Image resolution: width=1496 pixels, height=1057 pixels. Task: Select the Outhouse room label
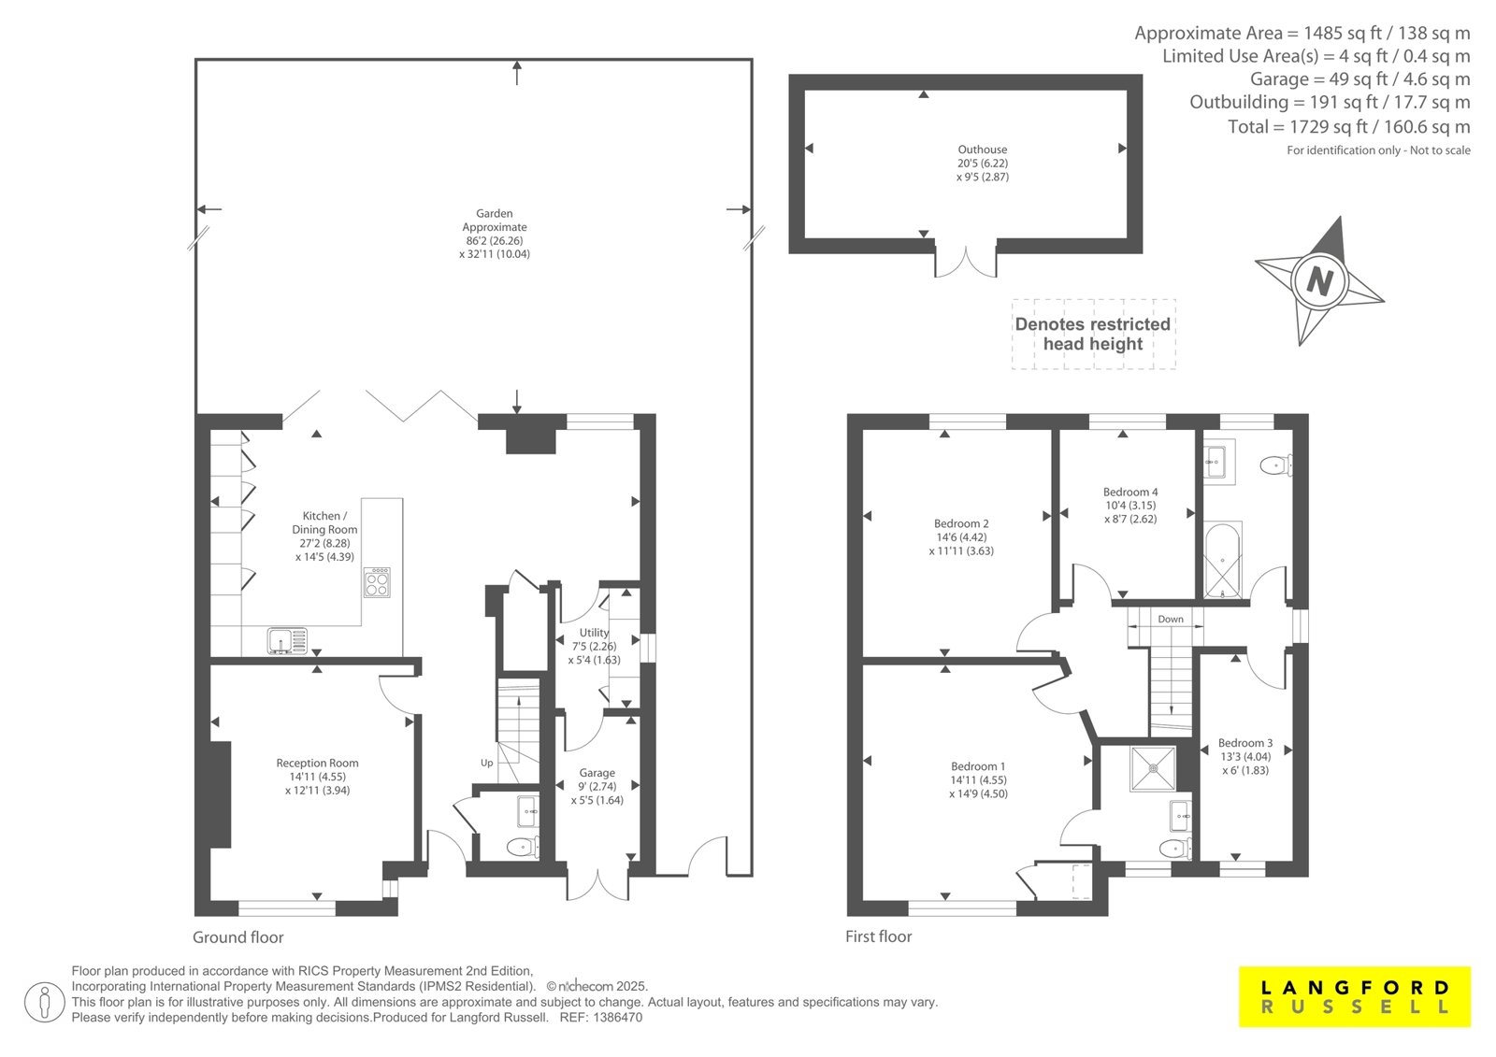(x=983, y=163)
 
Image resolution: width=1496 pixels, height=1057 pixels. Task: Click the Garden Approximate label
(x=495, y=234)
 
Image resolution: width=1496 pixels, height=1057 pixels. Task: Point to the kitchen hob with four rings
(x=378, y=582)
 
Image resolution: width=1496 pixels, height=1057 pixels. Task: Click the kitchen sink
(x=287, y=640)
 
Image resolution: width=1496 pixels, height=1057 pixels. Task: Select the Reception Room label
(x=317, y=777)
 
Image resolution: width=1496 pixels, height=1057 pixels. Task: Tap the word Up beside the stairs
(x=487, y=764)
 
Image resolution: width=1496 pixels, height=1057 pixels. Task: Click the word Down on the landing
(x=1170, y=619)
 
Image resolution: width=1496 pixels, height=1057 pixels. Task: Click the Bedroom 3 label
(x=1245, y=756)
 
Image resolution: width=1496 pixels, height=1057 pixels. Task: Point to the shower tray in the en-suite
(x=1154, y=768)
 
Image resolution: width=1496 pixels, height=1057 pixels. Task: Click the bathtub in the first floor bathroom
(x=1223, y=560)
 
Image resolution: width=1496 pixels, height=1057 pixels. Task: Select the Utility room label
(x=595, y=647)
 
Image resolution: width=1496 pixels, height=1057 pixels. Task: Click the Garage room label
(x=597, y=787)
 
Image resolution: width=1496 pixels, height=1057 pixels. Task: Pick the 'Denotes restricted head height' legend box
(x=1093, y=334)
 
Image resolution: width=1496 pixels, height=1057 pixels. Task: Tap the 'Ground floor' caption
(x=238, y=937)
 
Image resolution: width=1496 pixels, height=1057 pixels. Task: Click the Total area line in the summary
(x=1349, y=126)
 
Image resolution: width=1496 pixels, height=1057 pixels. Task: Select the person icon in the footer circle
(x=44, y=1002)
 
